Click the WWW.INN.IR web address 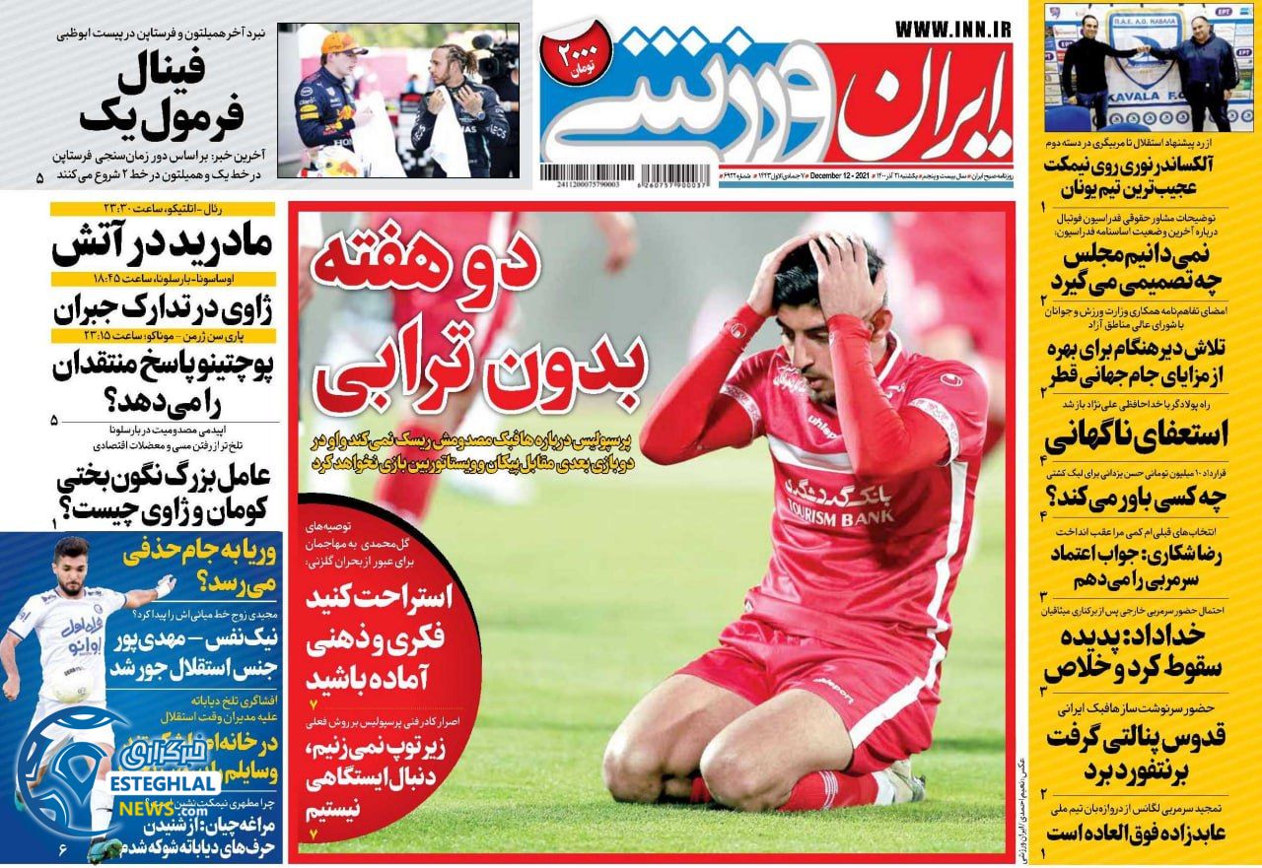[953, 30]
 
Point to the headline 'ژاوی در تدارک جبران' [148, 307]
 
